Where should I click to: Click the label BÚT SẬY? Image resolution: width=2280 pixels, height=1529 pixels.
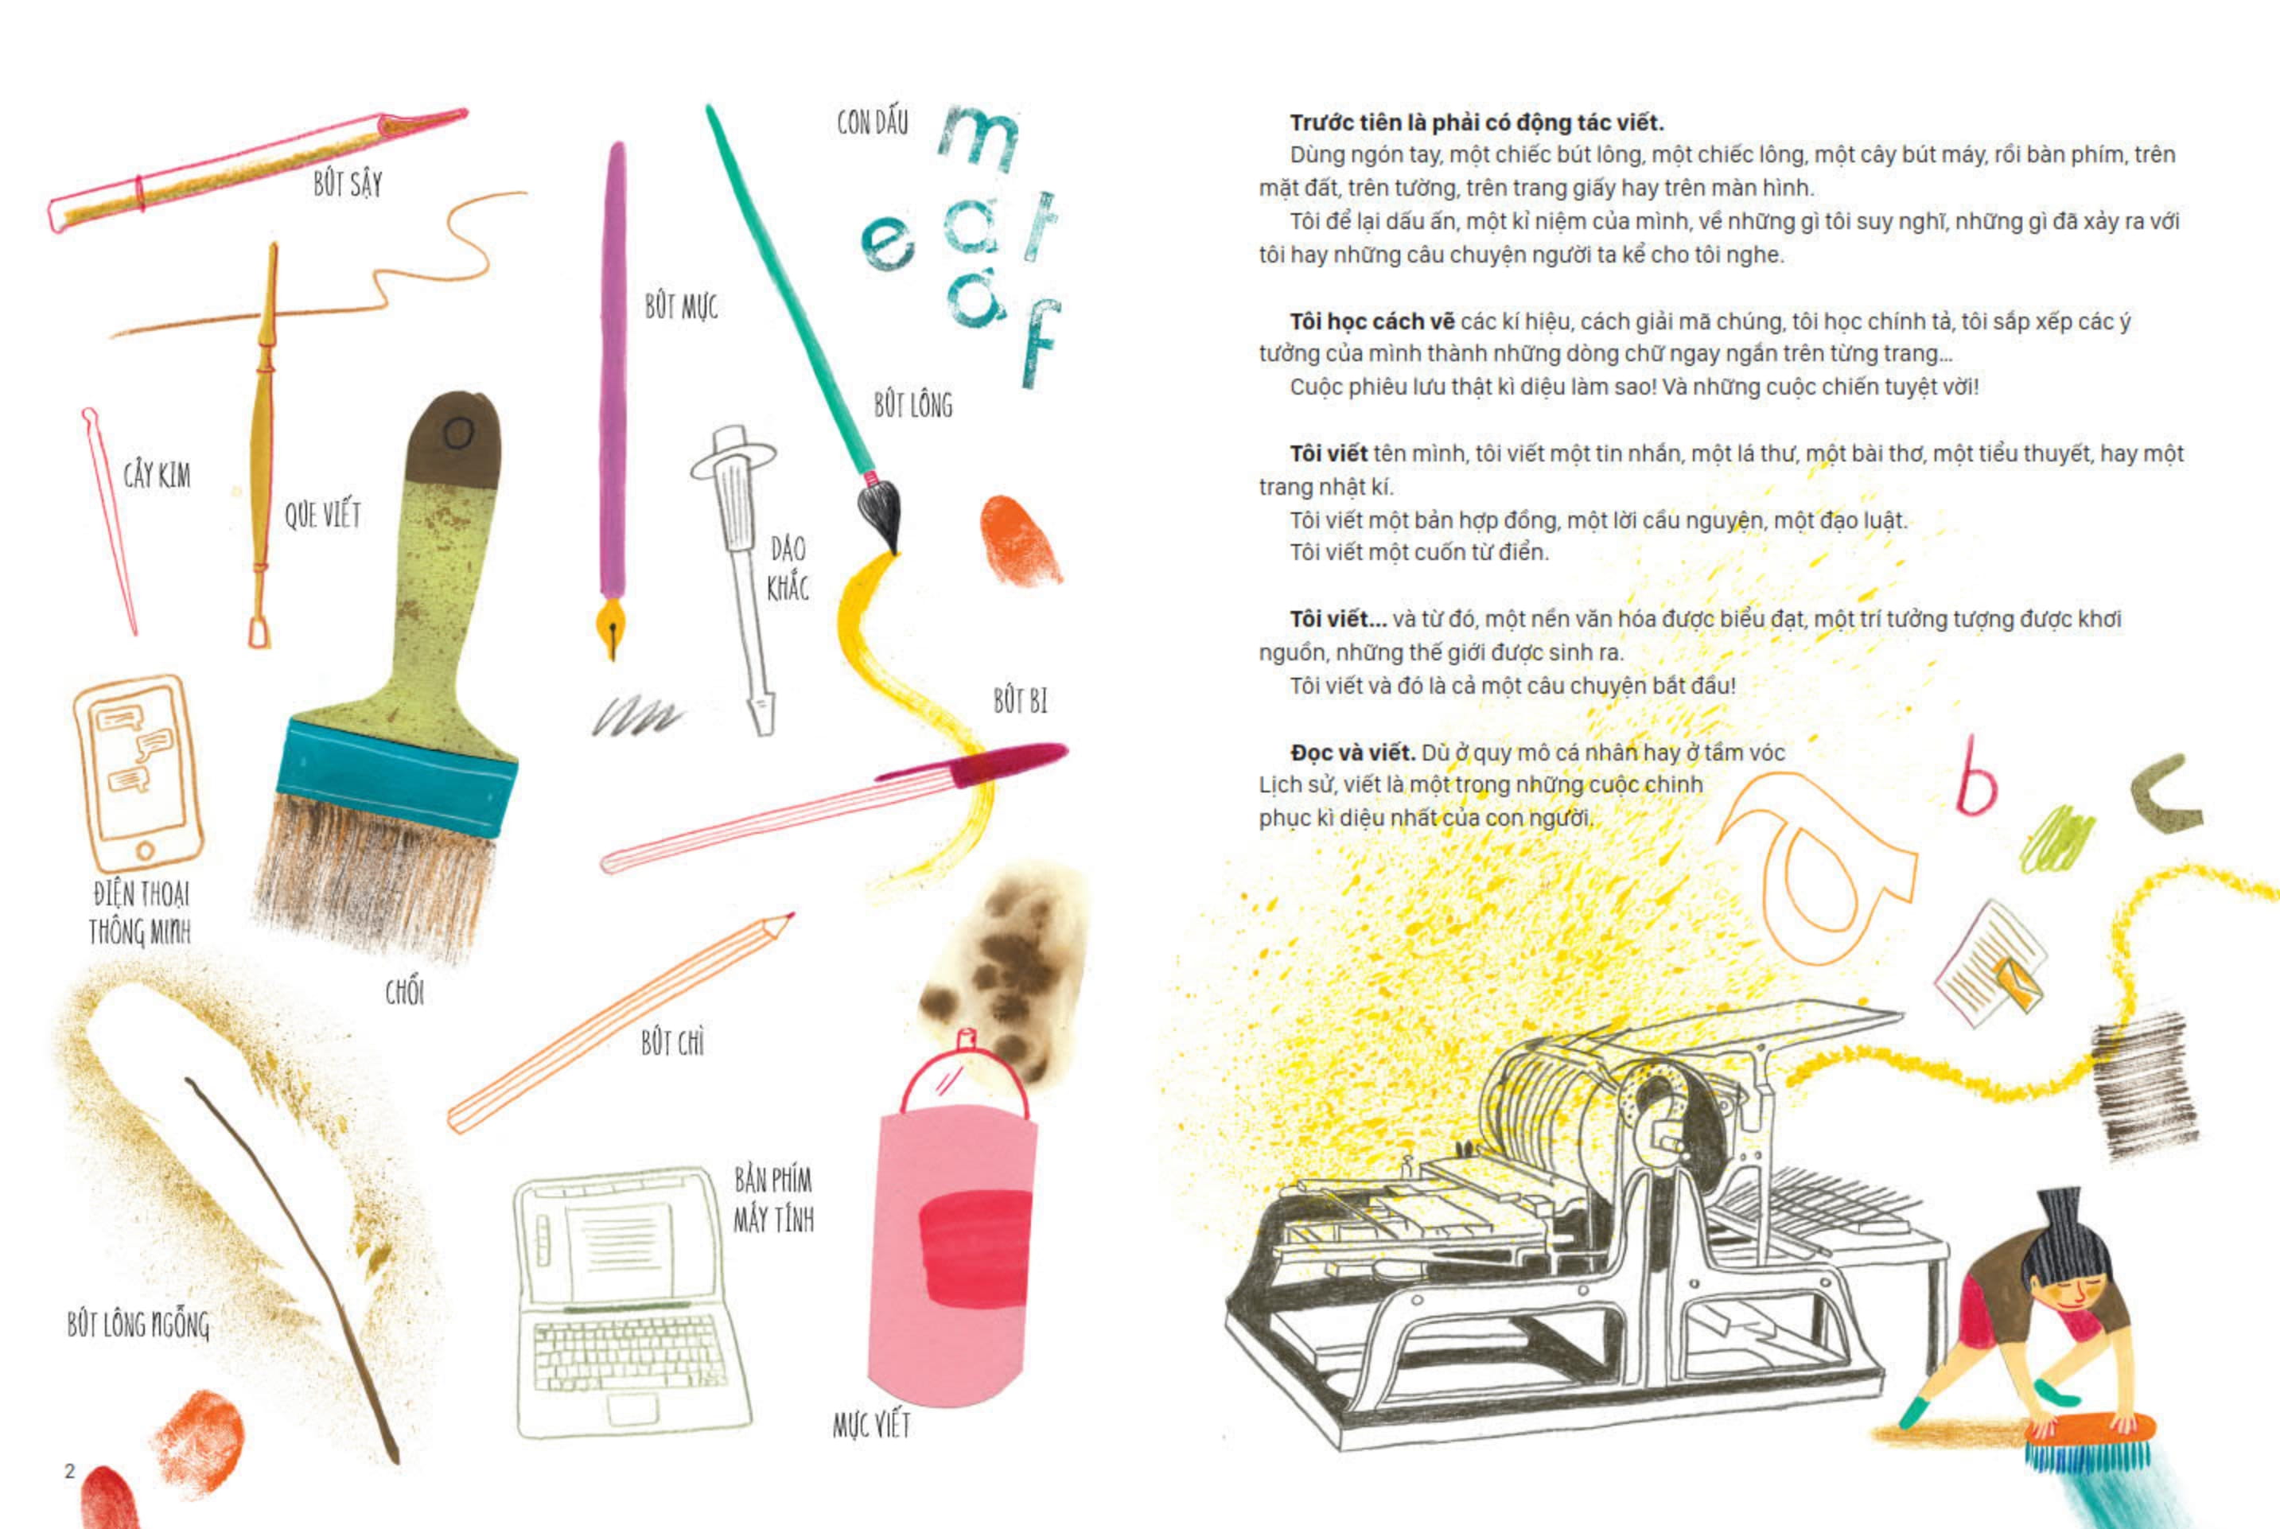point(348,183)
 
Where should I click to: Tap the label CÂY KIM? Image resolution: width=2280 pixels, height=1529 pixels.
point(157,475)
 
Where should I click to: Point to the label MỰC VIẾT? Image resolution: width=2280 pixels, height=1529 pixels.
point(872,1426)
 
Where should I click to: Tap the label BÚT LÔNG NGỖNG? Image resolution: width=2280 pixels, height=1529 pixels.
point(138,1325)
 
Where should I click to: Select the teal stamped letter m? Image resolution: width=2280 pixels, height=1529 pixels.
point(979,138)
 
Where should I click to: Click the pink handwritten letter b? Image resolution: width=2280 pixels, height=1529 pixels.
point(1975,777)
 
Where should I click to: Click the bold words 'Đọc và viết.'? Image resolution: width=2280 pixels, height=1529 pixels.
point(1352,753)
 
